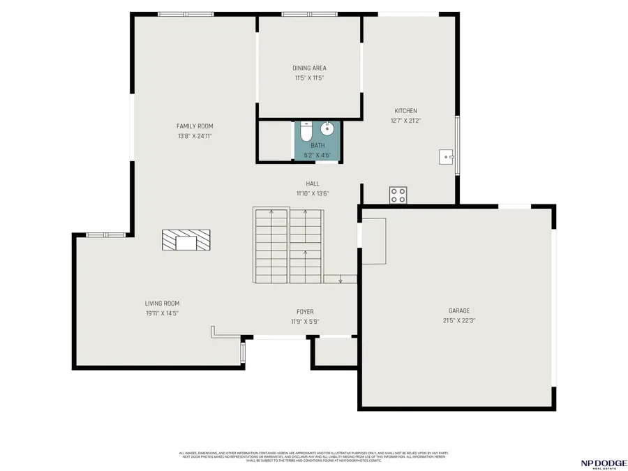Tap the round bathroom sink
tap(327, 129)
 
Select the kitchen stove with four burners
tap(398, 195)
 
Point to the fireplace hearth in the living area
tap(186, 241)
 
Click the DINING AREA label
tap(309, 68)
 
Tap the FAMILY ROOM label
tap(195, 126)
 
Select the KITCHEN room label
tap(405, 111)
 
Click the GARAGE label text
tap(459, 311)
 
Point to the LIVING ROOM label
tap(162, 304)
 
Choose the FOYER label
tap(305, 312)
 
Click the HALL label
tap(312, 184)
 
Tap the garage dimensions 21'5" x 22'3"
tap(459, 321)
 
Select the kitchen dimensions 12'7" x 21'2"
tap(405, 121)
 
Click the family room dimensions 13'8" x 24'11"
tap(195, 136)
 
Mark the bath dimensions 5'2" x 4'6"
tap(317, 155)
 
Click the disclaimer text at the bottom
tap(314, 456)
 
